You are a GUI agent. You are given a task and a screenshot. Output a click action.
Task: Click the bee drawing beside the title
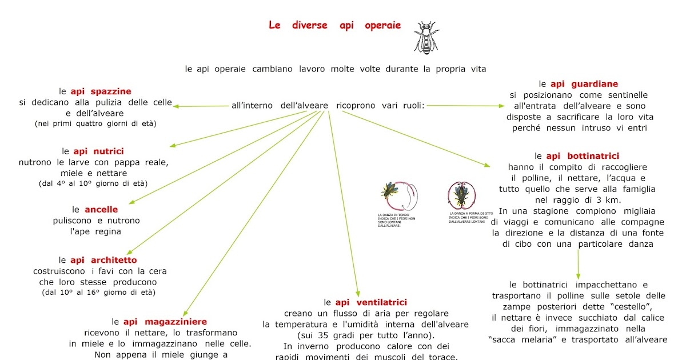click(x=424, y=38)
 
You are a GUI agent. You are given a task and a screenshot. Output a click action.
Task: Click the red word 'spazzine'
click(x=111, y=91)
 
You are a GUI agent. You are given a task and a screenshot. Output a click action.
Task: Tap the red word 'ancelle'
click(x=101, y=210)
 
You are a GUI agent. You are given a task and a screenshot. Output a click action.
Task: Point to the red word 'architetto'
click(x=113, y=261)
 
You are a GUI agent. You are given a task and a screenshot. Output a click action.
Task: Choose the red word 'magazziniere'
click(x=176, y=322)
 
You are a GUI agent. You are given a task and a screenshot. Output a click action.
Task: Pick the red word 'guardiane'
click(x=590, y=84)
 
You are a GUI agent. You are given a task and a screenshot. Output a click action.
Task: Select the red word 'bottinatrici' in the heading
click(x=591, y=156)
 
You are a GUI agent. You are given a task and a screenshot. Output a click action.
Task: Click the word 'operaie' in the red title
click(x=382, y=25)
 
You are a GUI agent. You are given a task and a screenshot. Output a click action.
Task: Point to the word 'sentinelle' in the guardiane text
click(x=623, y=95)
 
